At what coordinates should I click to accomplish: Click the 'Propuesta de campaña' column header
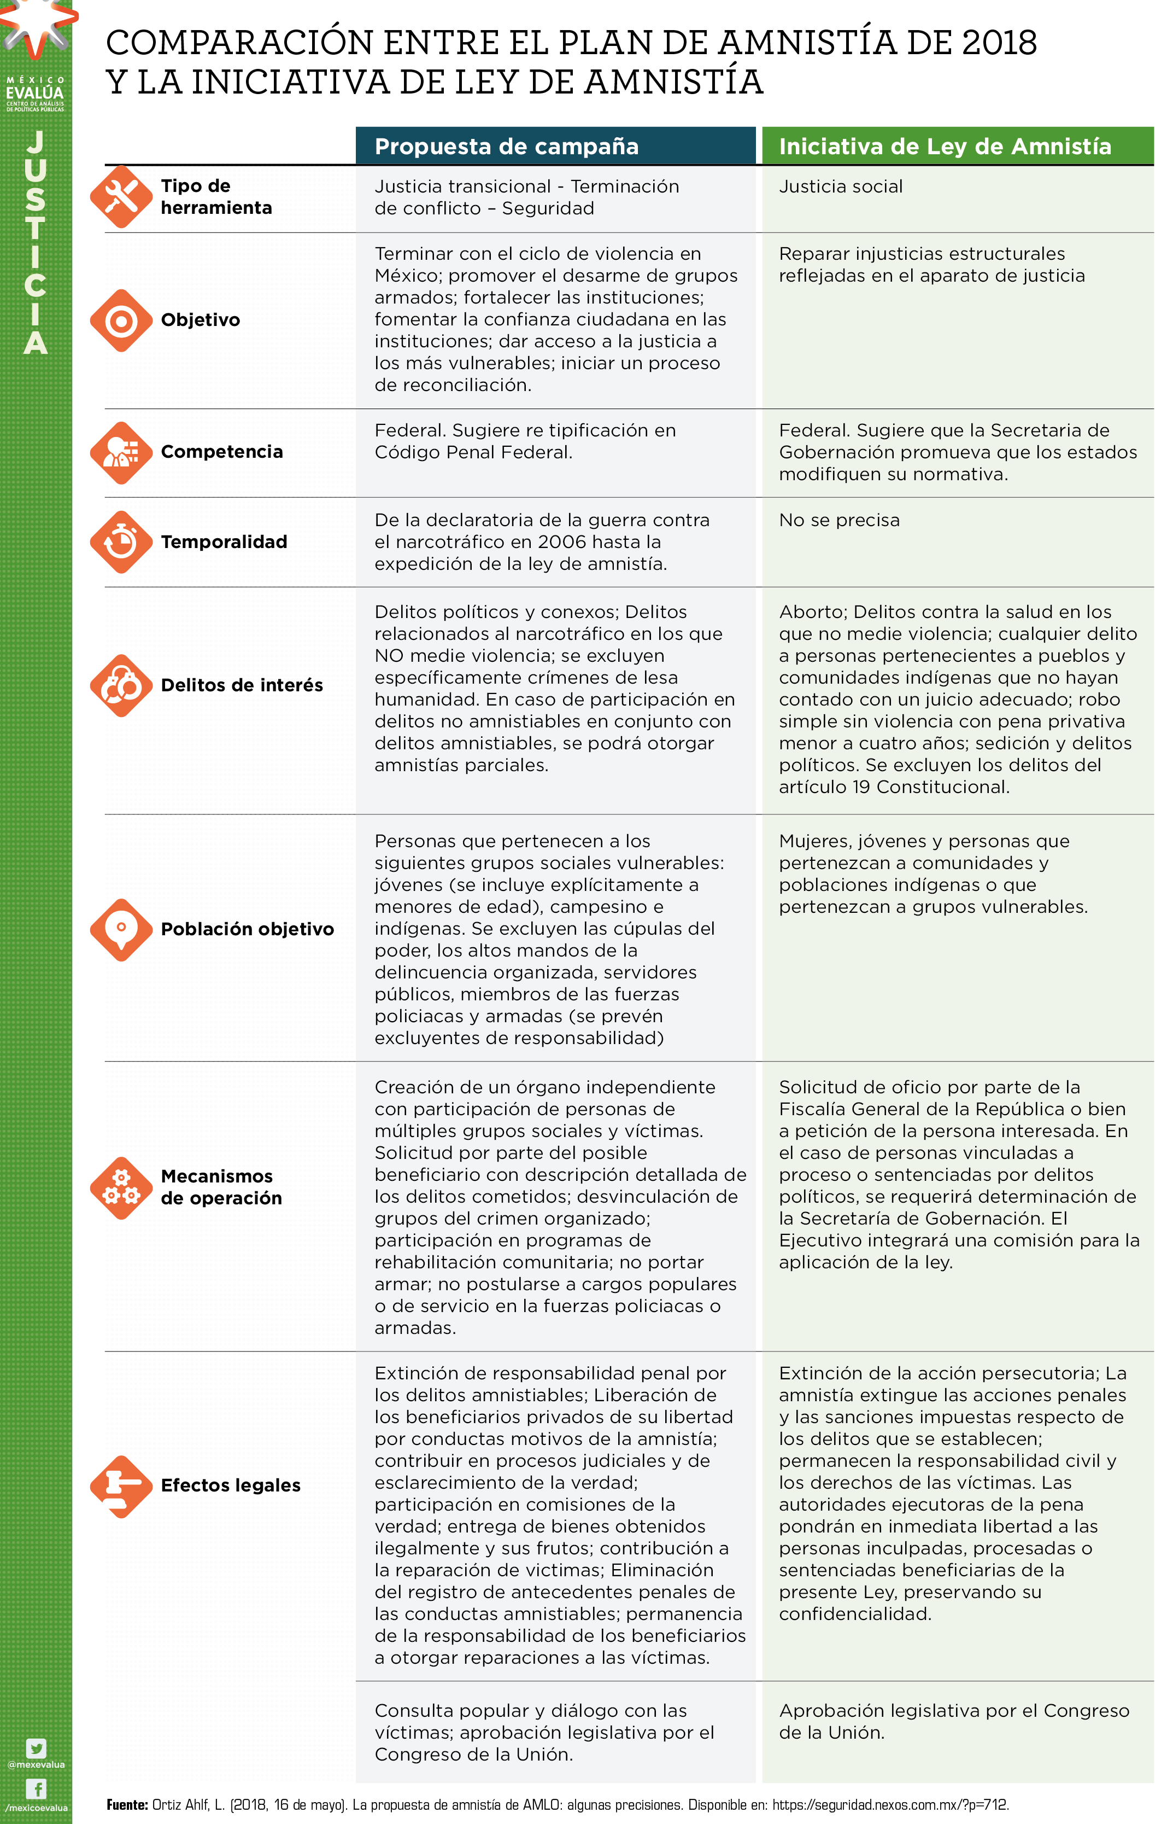[x=506, y=147]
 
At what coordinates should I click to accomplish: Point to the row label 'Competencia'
[x=221, y=452]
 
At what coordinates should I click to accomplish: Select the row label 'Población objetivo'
[x=247, y=929]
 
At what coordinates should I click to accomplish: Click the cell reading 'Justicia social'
[x=840, y=187]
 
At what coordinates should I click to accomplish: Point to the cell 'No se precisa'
[x=839, y=521]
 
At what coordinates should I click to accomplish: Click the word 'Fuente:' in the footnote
[x=127, y=1805]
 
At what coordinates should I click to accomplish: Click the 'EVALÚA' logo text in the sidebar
[x=35, y=93]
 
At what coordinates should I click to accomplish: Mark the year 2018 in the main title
[x=999, y=43]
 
